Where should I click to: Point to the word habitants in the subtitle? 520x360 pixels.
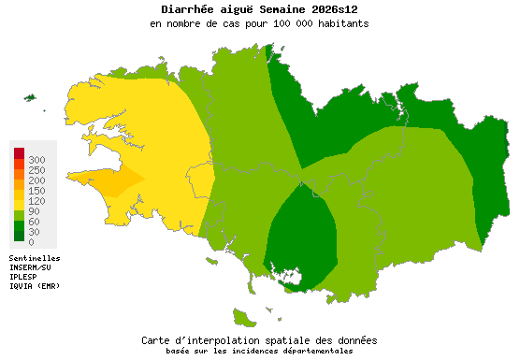click(x=339, y=23)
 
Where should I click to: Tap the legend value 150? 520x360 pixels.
click(x=37, y=191)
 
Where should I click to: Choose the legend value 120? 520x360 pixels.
click(x=37, y=201)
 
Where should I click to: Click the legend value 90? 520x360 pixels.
click(x=35, y=212)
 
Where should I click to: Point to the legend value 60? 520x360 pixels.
click(x=35, y=223)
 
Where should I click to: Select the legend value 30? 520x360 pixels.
click(x=35, y=233)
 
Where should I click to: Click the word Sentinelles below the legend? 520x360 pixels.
click(x=35, y=257)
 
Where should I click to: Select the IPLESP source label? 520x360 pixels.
click(x=23, y=276)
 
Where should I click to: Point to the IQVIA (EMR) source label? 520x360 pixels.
click(x=35, y=285)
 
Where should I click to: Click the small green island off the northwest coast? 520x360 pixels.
click(x=29, y=97)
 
